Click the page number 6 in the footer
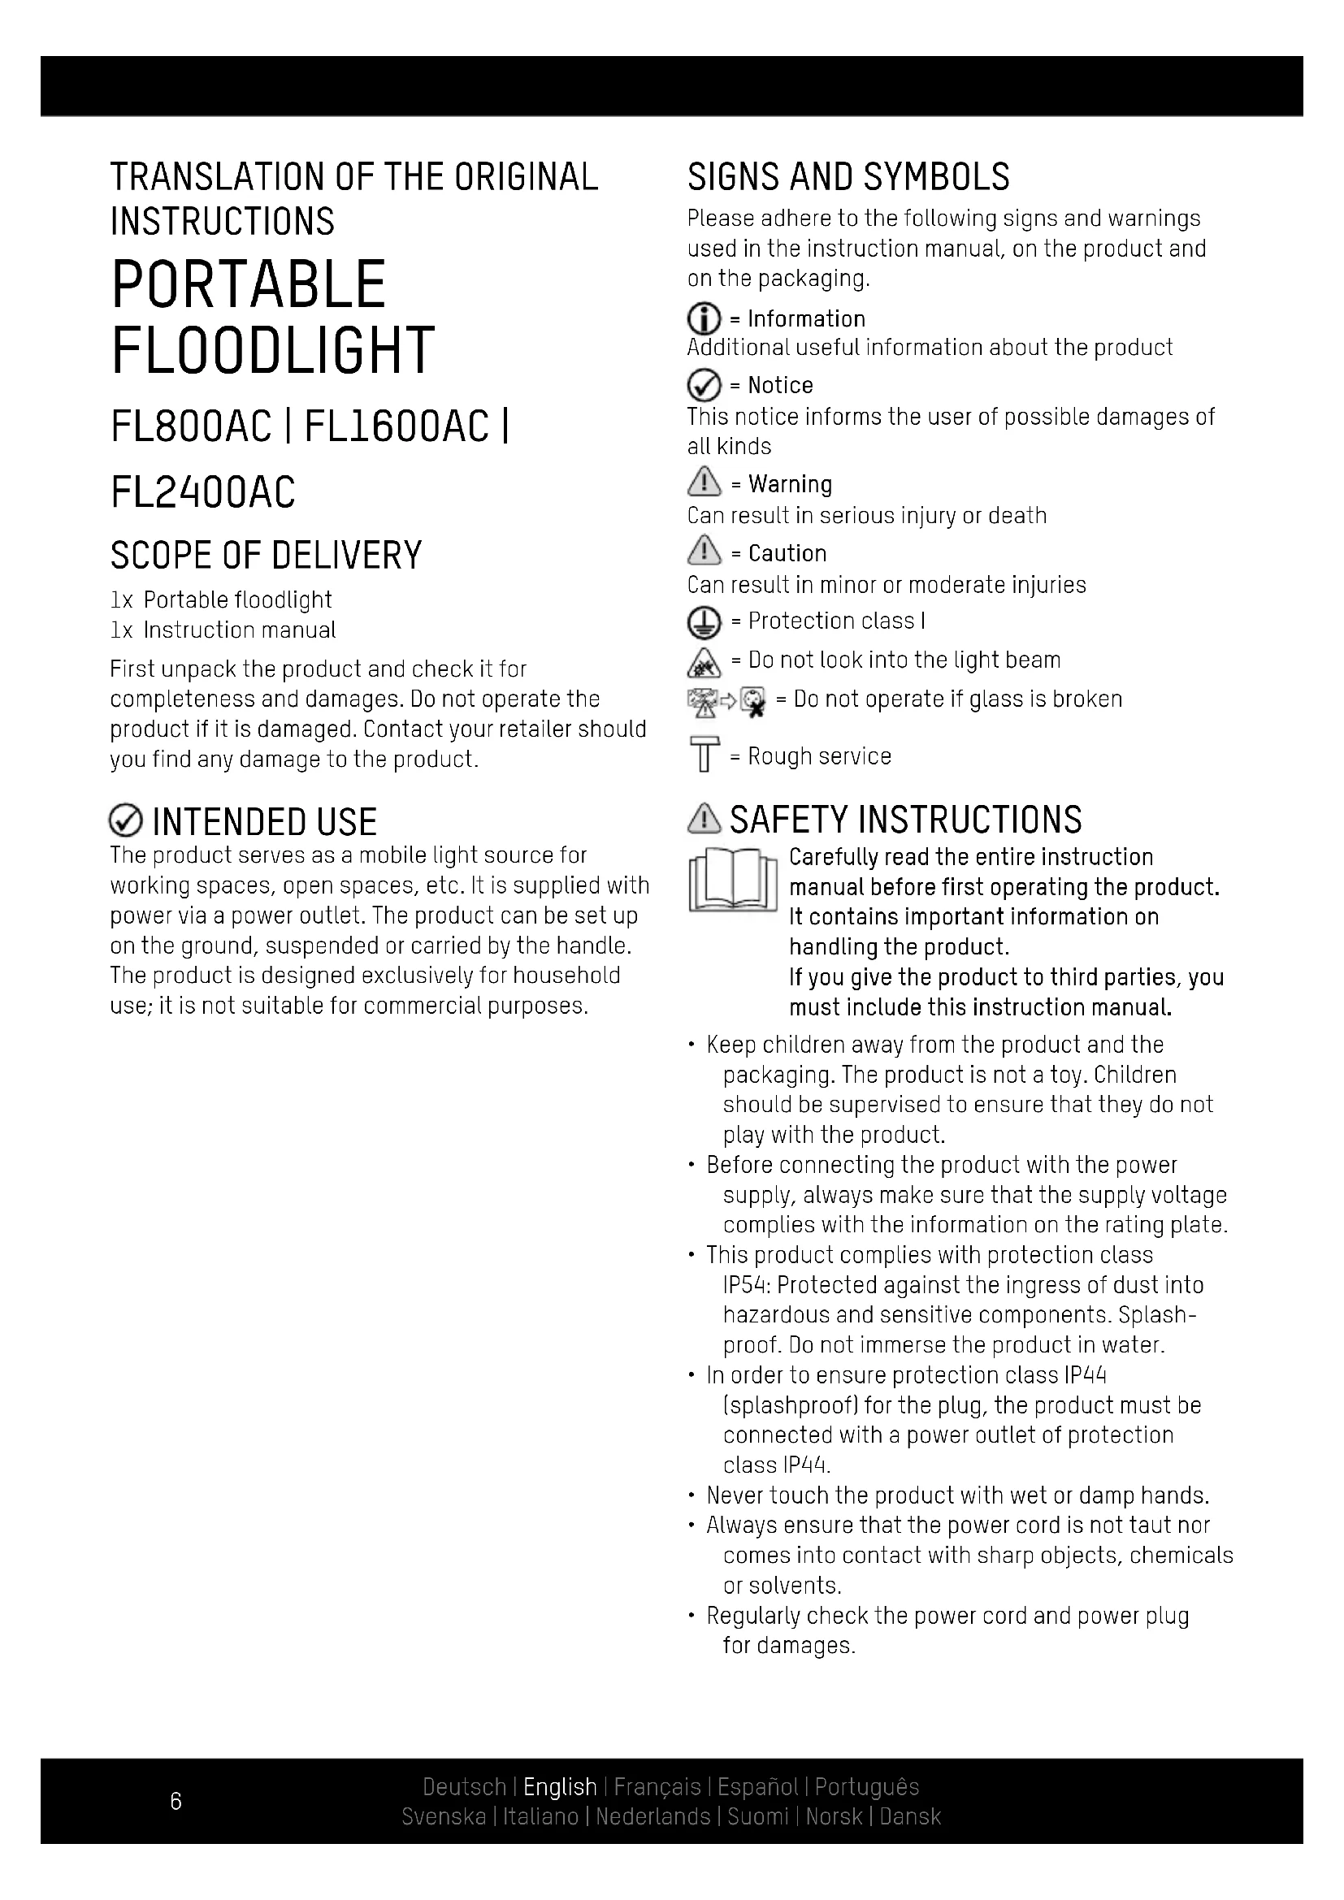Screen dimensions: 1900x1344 [176, 1801]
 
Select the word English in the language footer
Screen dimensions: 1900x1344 [561, 1786]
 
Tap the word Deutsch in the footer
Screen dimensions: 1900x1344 [464, 1786]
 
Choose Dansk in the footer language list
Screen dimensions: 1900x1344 [910, 1816]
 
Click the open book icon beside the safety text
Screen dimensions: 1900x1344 [732, 881]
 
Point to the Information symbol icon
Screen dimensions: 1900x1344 [704, 319]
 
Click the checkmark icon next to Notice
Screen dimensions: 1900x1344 [704, 386]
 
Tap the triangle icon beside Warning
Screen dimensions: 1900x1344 [705, 482]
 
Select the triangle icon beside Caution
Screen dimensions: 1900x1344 [705, 550]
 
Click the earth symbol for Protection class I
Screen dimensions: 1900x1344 [704, 622]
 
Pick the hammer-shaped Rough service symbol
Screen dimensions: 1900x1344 [705, 754]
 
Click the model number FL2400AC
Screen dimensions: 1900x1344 [203, 492]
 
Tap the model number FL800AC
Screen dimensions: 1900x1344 [191, 427]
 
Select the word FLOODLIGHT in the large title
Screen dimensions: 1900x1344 [272, 351]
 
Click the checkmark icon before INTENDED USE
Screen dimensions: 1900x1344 [125, 822]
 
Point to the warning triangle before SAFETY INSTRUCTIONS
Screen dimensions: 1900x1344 [705, 819]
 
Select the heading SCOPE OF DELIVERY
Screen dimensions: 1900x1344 [266, 556]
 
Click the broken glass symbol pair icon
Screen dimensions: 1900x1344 [726, 702]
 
